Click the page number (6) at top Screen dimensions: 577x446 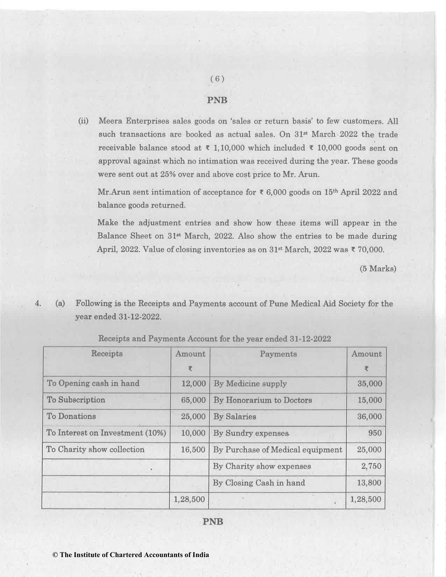217,79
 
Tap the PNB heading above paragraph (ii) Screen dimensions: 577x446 217,100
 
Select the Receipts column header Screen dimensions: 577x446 107,354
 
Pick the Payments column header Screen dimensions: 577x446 278,354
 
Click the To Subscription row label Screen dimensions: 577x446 76,400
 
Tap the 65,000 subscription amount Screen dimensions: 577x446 193,400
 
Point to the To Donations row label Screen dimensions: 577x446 71,416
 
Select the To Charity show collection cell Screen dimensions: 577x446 95,449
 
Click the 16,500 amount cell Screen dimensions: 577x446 193,450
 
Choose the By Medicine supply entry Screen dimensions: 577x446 250,384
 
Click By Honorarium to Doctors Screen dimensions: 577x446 263,400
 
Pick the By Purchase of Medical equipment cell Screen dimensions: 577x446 278,450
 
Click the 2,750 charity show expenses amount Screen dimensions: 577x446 371,466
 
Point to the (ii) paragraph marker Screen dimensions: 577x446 83,121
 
